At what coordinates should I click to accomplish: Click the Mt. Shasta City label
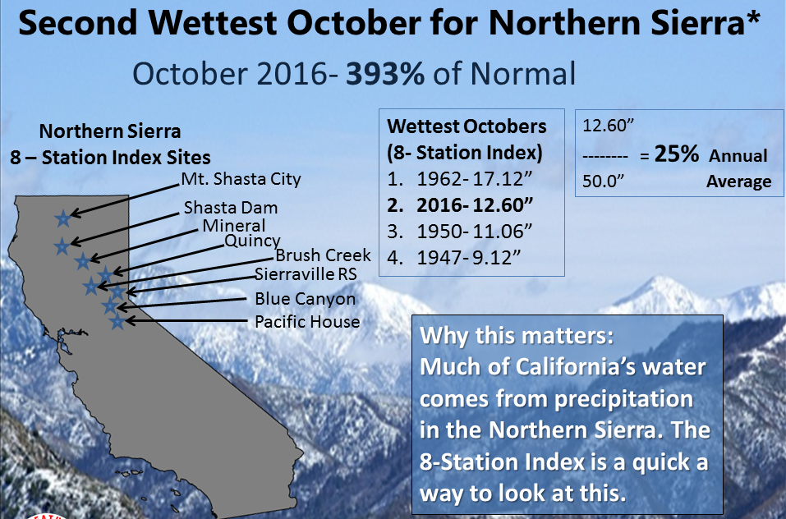point(241,179)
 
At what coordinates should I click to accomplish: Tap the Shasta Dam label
point(231,208)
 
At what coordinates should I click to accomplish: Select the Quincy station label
point(252,241)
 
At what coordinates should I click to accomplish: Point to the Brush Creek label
point(324,255)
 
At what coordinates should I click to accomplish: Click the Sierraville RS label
point(306,274)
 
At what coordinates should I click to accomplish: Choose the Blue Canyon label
point(306,299)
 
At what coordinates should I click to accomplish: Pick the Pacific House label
point(307,322)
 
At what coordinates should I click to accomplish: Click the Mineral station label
point(233,226)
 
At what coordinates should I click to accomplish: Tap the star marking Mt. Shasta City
point(63,218)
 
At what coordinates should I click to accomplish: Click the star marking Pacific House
point(117,321)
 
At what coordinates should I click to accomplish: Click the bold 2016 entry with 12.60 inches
point(461,205)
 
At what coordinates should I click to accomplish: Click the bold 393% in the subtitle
point(385,74)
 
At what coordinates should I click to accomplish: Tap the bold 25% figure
point(676,154)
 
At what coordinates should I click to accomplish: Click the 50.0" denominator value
point(603,181)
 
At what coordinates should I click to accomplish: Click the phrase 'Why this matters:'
point(517,336)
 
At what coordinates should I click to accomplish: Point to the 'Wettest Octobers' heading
point(467,126)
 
